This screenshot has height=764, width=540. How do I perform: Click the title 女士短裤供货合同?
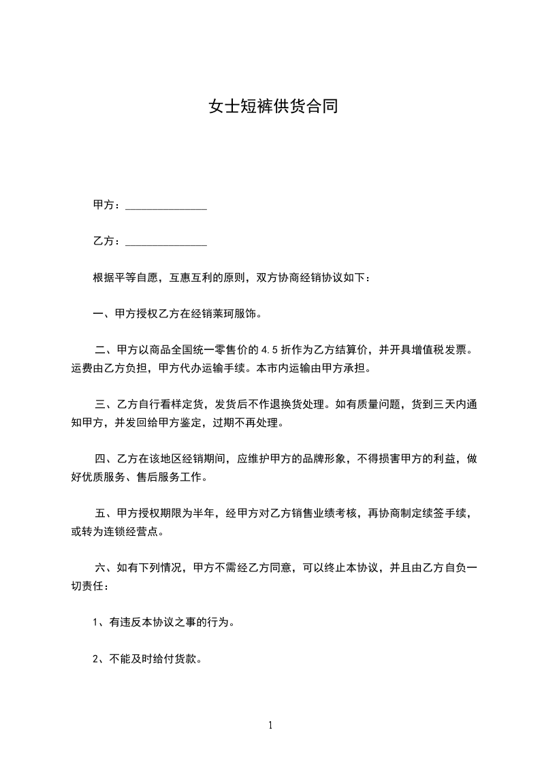point(273,107)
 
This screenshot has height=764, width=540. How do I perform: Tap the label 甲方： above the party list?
point(106,205)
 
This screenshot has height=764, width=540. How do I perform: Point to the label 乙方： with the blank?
point(106,241)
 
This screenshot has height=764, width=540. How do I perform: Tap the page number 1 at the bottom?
point(270,725)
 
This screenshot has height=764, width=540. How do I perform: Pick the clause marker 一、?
point(104,314)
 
